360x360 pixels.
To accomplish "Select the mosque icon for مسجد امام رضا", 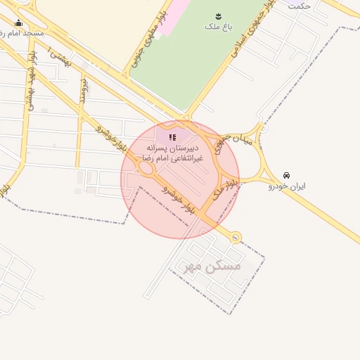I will point(18,22).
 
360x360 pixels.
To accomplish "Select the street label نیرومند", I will point(84,91).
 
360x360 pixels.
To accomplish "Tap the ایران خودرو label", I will point(286,186).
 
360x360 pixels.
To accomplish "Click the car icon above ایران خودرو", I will point(286,174).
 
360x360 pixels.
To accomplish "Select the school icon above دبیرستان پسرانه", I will point(172,137).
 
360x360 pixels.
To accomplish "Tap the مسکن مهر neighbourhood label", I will point(212,266).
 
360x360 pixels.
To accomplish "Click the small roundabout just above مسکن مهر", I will point(236,237).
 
